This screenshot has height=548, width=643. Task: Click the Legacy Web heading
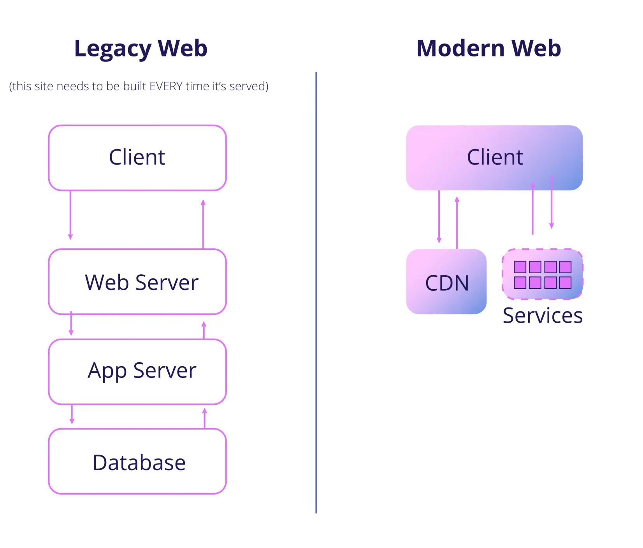pyautogui.click(x=141, y=49)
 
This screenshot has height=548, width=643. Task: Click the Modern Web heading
pyautogui.click(x=488, y=49)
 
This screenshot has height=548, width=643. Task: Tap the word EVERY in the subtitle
pyautogui.click(x=166, y=86)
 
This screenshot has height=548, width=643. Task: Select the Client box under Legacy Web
pyautogui.click(x=137, y=158)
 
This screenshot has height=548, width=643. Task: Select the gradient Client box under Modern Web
pyautogui.click(x=494, y=158)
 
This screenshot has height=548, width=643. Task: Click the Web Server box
pyautogui.click(x=137, y=282)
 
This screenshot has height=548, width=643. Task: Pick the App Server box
pyautogui.click(x=137, y=371)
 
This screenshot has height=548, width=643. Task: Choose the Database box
pyautogui.click(x=137, y=462)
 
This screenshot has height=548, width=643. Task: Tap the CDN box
pyautogui.click(x=446, y=282)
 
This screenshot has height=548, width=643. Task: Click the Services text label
pyautogui.click(x=543, y=316)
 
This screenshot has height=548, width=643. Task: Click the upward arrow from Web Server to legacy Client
pyautogui.click(x=203, y=224)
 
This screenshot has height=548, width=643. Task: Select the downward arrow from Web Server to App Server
pyautogui.click(x=71, y=324)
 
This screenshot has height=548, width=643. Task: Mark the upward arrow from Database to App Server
pyautogui.click(x=205, y=418)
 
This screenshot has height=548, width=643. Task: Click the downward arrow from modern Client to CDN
pyautogui.click(x=439, y=216)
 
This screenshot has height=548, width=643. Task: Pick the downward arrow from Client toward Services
pyautogui.click(x=552, y=202)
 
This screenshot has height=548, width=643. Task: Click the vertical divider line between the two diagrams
pyautogui.click(x=316, y=292)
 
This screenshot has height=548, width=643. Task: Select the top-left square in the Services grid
pyautogui.click(x=520, y=267)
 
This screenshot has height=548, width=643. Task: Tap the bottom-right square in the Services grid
pyautogui.click(x=565, y=283)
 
